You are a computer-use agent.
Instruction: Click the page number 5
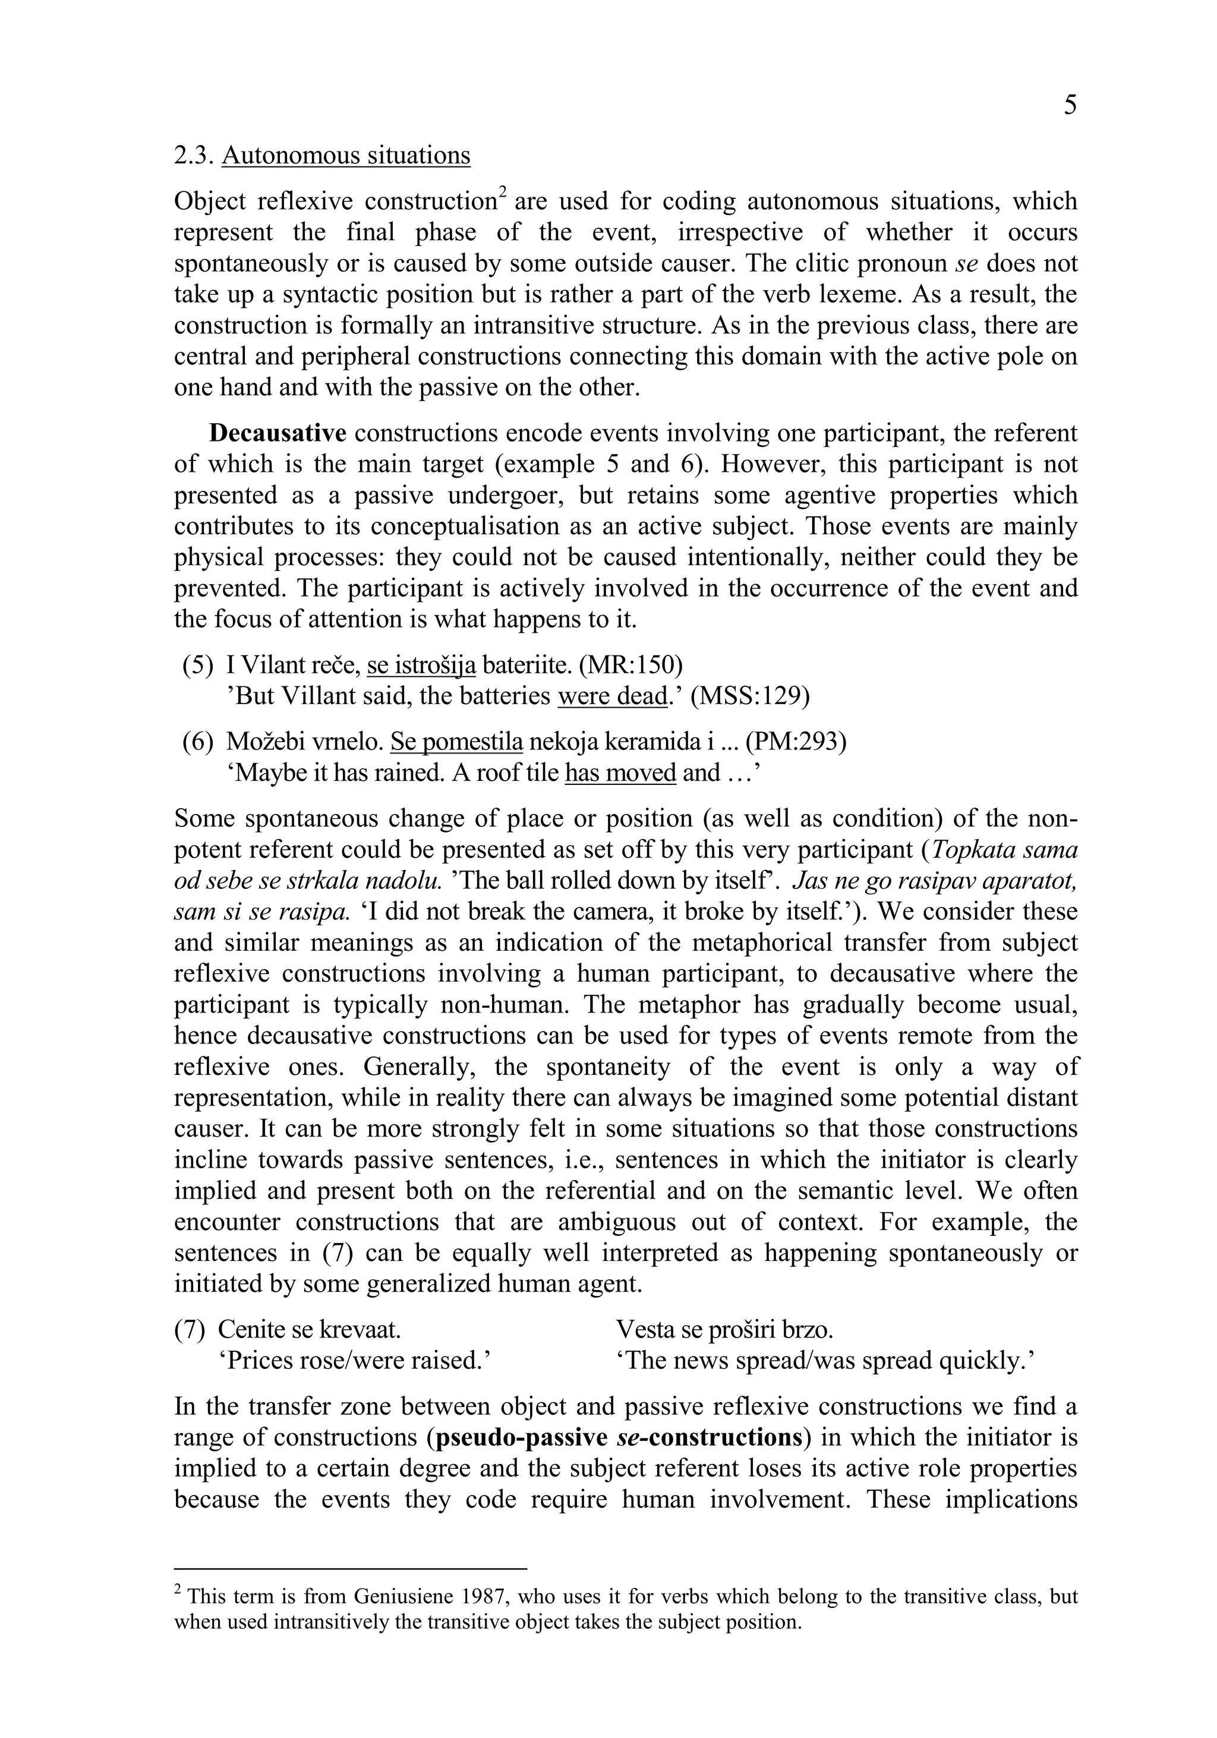(x=1070, y=105)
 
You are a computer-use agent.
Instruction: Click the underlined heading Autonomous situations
(x=346, y=155)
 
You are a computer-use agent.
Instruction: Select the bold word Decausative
(x=278, y=433)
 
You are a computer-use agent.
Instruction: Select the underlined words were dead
(x=612, y=696)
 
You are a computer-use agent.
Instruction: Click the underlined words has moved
(x=620, y=773)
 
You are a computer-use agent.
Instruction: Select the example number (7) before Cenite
(x=190, y=1329)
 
